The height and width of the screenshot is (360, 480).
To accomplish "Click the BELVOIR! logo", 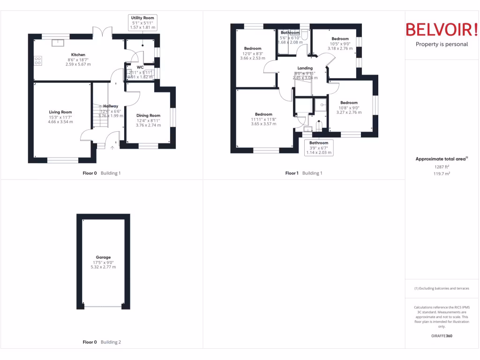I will click(x=442, y=30).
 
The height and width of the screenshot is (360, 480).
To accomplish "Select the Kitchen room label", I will click(x=78, y=55).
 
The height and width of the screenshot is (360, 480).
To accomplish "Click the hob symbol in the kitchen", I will click(x=38, y=60).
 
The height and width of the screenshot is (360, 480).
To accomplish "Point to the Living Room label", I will click(x=60, y=112).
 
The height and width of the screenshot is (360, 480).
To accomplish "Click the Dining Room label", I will click(x=148, y=115).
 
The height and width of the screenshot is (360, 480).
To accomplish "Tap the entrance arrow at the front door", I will click(x=112, y=147).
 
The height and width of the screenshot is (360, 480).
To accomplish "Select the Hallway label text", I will click(x=111, y=106).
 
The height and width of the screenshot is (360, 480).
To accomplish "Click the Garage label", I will click(x=103, y=257).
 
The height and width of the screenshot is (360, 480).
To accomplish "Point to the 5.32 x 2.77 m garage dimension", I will click(x=103, y=267).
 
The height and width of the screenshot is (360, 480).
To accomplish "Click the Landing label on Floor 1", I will click(x=305, y=68).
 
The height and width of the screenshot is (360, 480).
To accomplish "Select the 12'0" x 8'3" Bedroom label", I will click(x=253, y=49).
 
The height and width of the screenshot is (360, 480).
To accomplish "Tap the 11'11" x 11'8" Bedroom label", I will click(x=263, y=114).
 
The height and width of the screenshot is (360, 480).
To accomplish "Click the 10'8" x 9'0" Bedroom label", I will click(x=349, y=103).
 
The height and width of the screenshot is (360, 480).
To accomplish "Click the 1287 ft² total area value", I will click(x=441, y=166).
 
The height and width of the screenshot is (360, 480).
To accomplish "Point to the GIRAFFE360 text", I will click(x=442, y=336).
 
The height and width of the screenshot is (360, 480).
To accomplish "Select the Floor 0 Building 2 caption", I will click(x=102, y=342).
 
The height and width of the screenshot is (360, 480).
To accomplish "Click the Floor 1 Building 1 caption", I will click(x=304, y=173).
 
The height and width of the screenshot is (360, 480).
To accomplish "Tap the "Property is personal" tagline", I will click(x=442, y=44).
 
